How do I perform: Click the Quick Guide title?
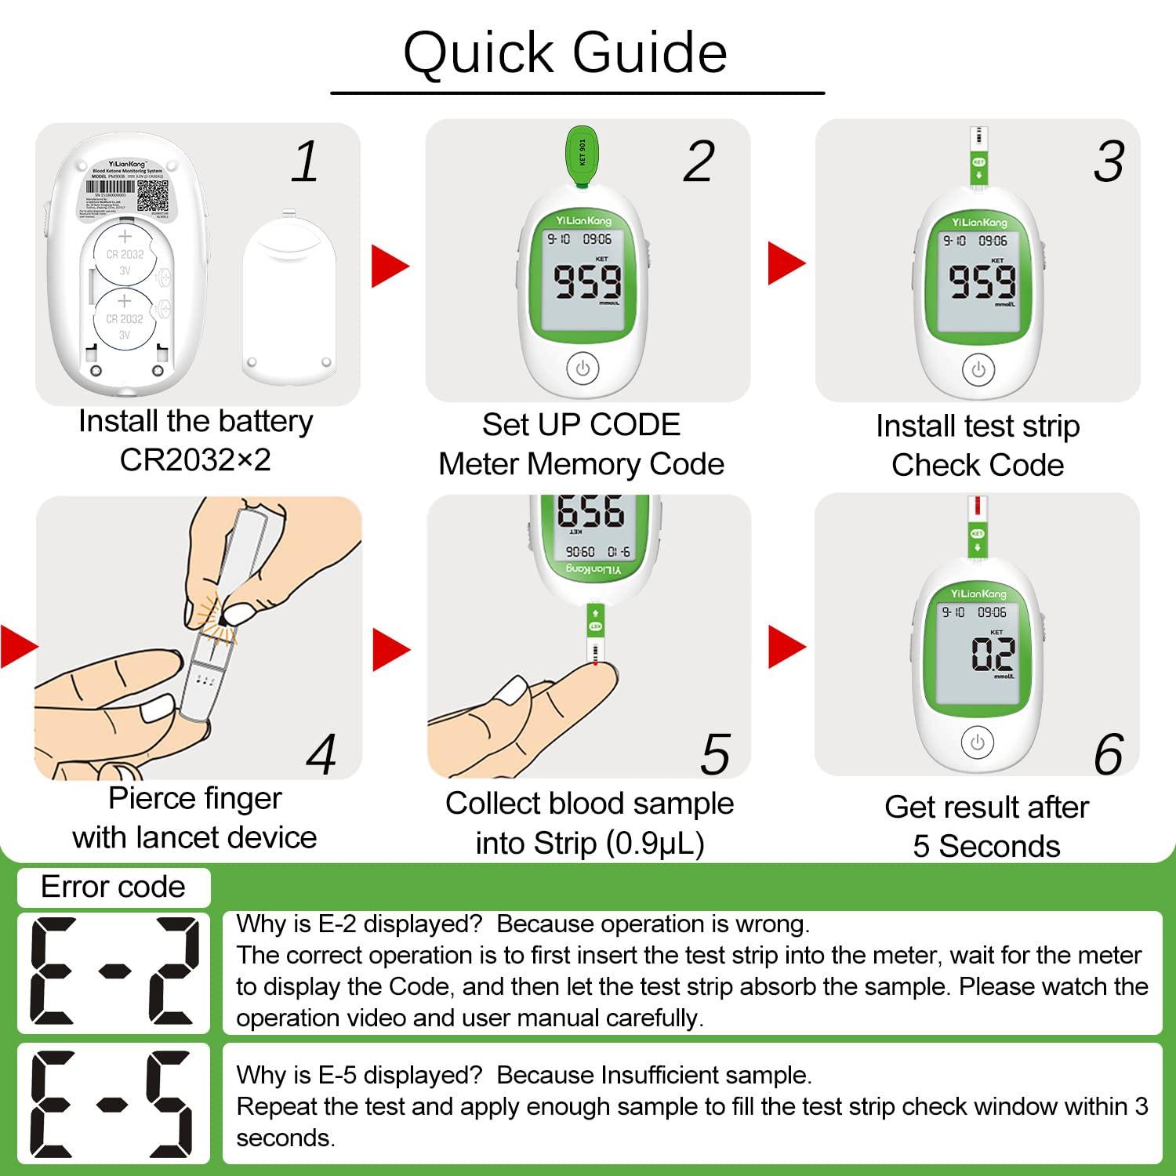pyautogui.click(x=565, y=53)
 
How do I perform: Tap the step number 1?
pyautogui.click(x=305, y=162)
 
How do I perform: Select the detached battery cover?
pyautogui.click(x=289, y=302)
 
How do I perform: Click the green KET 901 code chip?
pyautogui.click(x=582, y=158)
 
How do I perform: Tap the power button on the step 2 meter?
pyautogui.click(x=583, y=368)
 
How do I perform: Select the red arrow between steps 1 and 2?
pyautogui.click(x=390, y=266)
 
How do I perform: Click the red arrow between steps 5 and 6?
pyautogui.click(x=786, y=647)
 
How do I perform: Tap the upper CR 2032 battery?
pyautogui.click(x=125, y=254)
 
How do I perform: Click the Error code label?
pyautogui.click(x=113, y=887)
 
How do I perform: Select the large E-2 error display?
pyautogui.click(x=114, y=972)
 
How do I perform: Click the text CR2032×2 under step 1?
pyautogui.click(x=195, y=459)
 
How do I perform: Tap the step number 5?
pyautogui.click(x=715, y=755)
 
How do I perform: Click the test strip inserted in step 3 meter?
pyautogui.click(x=978, y=157)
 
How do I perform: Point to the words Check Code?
pyautogui.click(x=978, y=465)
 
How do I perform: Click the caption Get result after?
pyautogui.click(x=986, y=807)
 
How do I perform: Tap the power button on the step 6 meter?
pyautogui.click(x=977, y=742)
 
